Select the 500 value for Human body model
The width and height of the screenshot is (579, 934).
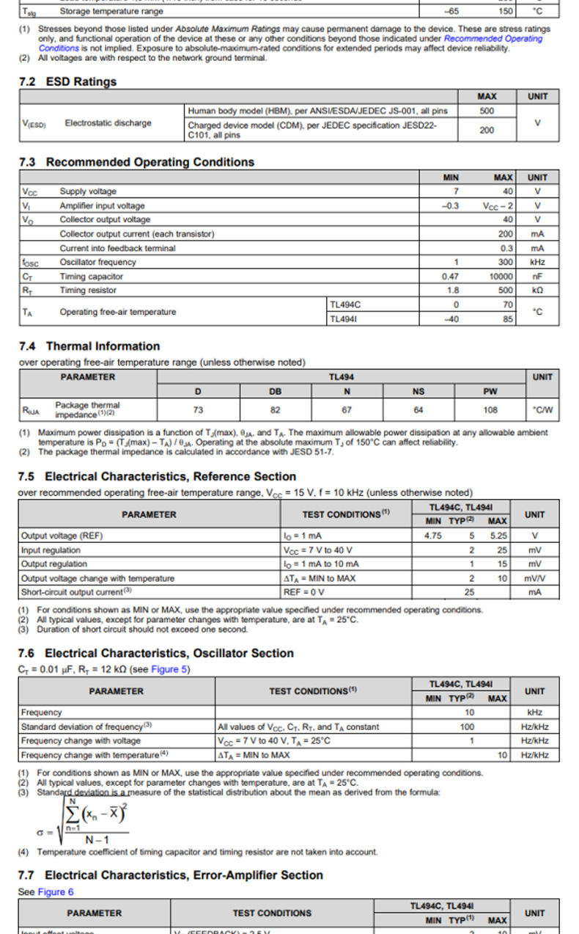coord(486,111)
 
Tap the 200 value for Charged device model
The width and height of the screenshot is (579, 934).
coord(486,130)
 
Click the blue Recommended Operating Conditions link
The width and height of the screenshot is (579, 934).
coord(493,39)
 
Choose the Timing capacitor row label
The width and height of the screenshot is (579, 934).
coord(91,277)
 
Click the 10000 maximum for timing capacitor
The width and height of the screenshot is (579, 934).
coord(501,277)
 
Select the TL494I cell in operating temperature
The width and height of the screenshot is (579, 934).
coord(346,319)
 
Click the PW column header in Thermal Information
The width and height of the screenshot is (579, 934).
coord(490,391)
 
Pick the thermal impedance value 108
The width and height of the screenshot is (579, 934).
coord(490,410)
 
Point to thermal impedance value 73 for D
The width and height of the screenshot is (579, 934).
coord(198,410)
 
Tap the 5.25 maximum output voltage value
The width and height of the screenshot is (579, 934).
coord(498,536)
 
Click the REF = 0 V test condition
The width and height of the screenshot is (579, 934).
coord(303,591)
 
